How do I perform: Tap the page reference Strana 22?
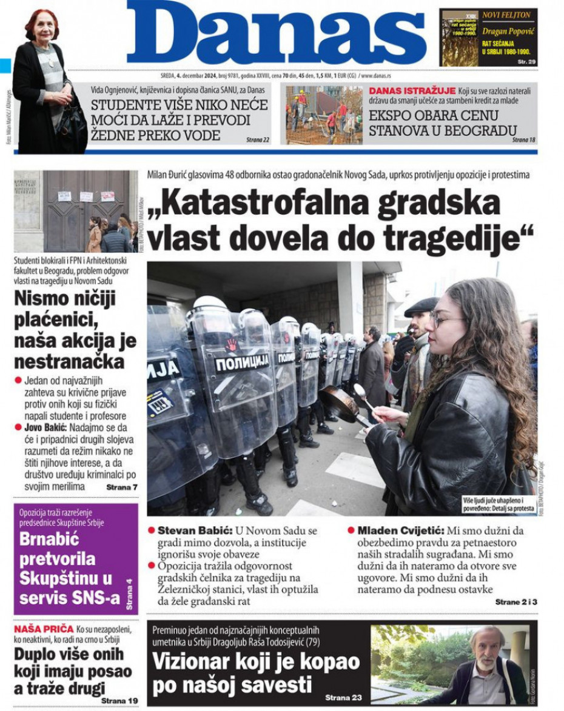pyautogui.click(x=258, y=140)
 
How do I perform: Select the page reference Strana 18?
pyautogui.click(x=524, y=139)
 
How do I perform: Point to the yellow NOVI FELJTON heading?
pyautogui.click(x=506, y=15)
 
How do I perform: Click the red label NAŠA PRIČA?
pyautogui.click(x=43, y=629)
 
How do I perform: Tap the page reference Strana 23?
pyautogui.click(x=343, y=698)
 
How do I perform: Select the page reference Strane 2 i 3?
pyautogui.click(x=516, y=602)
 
